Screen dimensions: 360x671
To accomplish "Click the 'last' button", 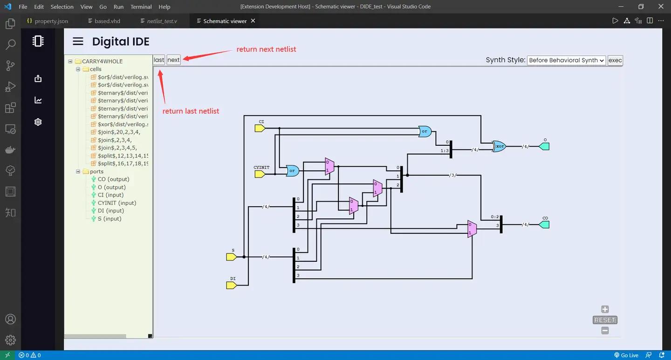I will [159, 60].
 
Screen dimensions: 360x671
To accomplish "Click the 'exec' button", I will [615, 60].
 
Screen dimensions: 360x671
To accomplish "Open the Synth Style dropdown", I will [566, 60].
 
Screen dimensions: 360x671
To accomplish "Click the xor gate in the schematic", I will [499, 146].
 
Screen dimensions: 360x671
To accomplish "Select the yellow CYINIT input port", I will [260, 174].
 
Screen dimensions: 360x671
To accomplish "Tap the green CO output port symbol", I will [544, 224].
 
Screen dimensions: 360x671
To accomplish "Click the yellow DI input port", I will [232, 285].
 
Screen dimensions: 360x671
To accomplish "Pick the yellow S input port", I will [232, 257].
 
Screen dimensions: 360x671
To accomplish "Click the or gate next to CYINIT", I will [292, 171].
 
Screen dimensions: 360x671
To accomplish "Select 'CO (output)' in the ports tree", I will [113, 179].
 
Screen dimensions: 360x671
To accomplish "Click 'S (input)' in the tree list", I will [110, 219].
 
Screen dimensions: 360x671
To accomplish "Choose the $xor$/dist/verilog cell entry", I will [123, 124].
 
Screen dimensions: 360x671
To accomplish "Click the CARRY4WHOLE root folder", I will [102, 61].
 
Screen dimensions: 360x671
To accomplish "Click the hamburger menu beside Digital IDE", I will [78, 41].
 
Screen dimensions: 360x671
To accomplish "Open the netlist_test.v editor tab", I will [162, 21].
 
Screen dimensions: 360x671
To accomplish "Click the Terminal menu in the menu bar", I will [141, 7].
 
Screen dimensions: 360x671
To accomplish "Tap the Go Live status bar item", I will [626, 355].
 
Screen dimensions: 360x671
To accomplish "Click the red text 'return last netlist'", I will [191, 111].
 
